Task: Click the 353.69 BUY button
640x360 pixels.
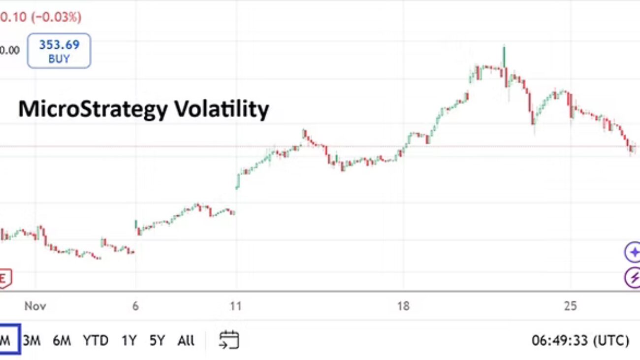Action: pyautogui.click(x=59, y=51)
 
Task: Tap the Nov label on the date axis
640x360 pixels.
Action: pyautogui.click(x=35, y=306)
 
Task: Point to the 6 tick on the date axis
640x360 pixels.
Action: pyautogui.click(x=135, y=306)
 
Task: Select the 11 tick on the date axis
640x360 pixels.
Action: pyautogui.click(x=236, y=306)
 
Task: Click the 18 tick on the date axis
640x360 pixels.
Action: pyautogui.click(x=403, y=306)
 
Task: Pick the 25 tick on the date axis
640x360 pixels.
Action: pyautogui.click(x=570, y=306)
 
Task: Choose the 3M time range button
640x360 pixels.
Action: pyautogui.click(x=32, y=340)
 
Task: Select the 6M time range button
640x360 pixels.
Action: pyautogui.click(x=62, y=340)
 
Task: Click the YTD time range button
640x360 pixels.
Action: pyautogui.click(x=96, y=340)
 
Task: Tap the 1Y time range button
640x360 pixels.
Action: pyautogui.click(x=128, y=340)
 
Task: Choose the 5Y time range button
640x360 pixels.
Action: pyautogui.click(x=157, y=340)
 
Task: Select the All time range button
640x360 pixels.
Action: pyautogui.click(x=186, y=340)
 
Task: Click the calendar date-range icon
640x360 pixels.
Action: pyautogui.click(x=229, y=340)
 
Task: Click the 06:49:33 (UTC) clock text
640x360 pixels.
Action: pyautogui.click(x=580, y=340)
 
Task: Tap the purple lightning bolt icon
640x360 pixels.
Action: pyautogui.click(x=633, y=278)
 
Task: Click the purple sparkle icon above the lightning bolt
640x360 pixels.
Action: pyautogui.click(x=633, y=253)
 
